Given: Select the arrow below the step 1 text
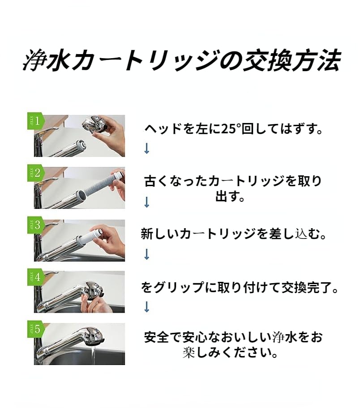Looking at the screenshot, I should (146, 149).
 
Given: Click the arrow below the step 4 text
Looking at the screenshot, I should (146, 307).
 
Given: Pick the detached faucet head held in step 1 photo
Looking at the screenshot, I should (95, 124).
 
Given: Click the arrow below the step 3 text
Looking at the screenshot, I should (146, 254).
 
